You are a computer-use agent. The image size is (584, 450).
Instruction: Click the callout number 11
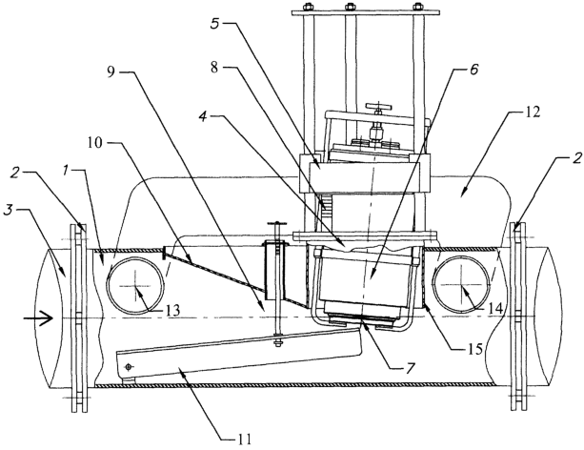click(x=244, y=439)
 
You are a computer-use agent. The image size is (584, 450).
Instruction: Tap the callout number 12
click(x=533, y=112)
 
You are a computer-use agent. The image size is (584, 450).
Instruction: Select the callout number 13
click(x=172, y=310)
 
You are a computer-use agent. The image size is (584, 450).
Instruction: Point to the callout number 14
click(x=495, y=308)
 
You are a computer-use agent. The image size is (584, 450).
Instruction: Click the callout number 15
click(x=475, y=349)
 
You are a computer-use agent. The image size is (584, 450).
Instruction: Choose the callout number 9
click(x=111, y=72)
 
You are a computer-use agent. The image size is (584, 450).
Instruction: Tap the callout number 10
click(x=95, y=142)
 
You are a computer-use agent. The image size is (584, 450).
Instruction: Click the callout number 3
click(x=8, y=210)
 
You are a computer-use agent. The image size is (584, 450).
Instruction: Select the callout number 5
click(x=215, y=24)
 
